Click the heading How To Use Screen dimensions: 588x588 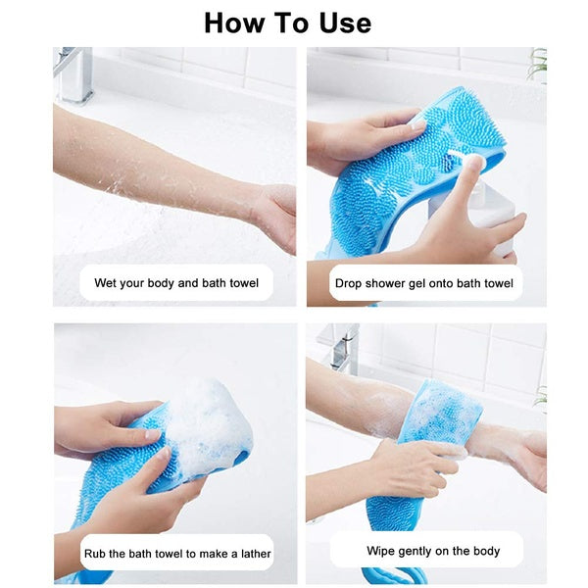pos(287,23)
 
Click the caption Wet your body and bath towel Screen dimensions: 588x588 pos(176,283)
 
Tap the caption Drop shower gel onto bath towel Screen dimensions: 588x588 pos(424,283)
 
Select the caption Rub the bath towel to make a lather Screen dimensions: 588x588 pos(176,554)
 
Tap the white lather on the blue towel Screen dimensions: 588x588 pos(201,421)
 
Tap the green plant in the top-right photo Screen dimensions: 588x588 pos(536,65)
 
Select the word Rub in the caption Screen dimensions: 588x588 pos(94,554)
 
